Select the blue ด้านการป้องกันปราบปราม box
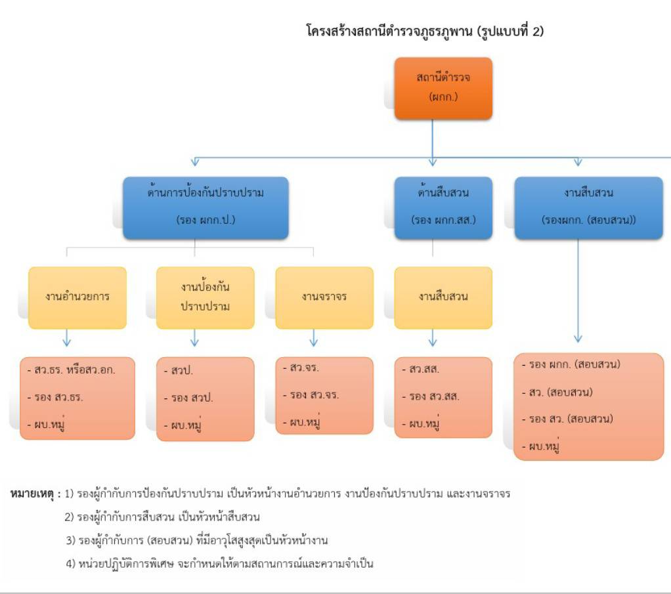(x=206, y=207)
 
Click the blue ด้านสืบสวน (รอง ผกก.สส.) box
(x=443, y=207)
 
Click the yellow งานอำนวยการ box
(x=77, y=297)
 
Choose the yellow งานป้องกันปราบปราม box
(x=205, y=297)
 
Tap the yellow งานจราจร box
(x=324, y=297)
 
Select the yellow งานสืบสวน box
(x=443, y=297)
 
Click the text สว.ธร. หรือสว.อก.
(x=72, y=371)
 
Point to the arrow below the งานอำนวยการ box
(x=66, y=339)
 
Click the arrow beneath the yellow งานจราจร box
(x=313, y=338)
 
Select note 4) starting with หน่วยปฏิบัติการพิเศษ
(x=224, y=563)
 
